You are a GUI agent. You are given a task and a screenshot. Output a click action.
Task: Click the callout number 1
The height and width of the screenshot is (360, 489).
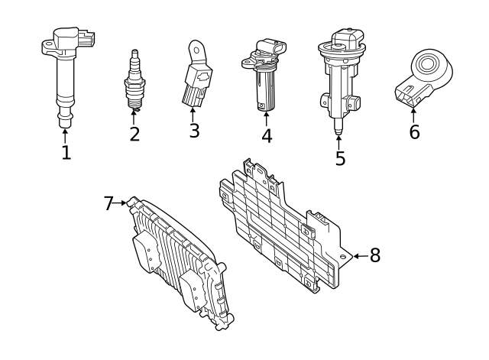(66, 152)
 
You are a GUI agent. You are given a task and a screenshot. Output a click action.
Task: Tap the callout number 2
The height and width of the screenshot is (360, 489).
(134, 135)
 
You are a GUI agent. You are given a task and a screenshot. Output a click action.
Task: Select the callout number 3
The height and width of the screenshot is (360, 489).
(194, 131)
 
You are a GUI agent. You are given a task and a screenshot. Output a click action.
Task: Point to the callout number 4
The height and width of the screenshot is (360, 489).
(266, 136)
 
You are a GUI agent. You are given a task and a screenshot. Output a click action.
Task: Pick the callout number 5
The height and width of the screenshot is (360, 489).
(340, 158)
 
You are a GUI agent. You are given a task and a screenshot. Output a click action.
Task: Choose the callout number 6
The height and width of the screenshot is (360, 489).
(414, 132)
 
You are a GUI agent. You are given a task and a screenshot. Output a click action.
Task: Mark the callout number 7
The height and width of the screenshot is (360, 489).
(108, 203)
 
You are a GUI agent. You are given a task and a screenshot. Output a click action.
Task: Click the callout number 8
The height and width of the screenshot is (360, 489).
(374, 256)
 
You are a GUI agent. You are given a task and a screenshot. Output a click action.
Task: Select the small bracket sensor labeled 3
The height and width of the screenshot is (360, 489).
(196, 76)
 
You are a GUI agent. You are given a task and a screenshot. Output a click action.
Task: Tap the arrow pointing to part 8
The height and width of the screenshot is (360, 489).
(359, 256)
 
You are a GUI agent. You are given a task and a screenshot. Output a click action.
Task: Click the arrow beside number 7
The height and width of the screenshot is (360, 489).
(122, 203)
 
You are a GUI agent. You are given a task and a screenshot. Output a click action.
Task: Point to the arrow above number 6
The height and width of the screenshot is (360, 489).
(414, 115)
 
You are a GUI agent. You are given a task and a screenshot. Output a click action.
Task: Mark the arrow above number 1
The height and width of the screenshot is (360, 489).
(66, 135)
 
